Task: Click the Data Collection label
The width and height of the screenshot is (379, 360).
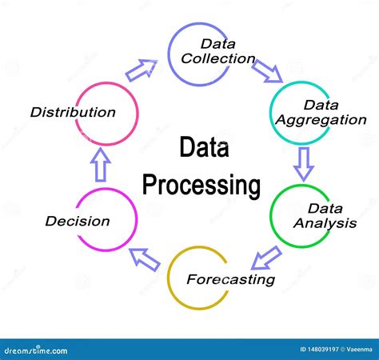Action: pos(217,51)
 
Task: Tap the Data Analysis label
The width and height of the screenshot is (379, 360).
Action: pos(324,216)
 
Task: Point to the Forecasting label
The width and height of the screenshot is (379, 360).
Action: pos(230,279)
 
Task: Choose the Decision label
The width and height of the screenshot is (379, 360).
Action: pos(78,221)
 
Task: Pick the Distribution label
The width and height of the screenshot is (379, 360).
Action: pos(73,112)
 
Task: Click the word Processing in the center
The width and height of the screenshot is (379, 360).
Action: pos(201,186)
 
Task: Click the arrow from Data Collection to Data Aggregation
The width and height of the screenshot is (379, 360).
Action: pos(267,71)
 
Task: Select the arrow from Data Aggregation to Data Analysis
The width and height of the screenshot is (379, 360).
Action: pos(303,162)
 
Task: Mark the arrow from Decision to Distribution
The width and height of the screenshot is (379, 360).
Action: pos(100,167)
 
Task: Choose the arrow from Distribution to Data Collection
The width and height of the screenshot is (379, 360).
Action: pos(142,70)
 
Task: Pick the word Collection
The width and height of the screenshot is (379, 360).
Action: pos(217,58)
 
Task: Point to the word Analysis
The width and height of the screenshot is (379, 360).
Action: pos(324,223)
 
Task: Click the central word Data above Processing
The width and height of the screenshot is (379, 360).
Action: pos(201,149)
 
